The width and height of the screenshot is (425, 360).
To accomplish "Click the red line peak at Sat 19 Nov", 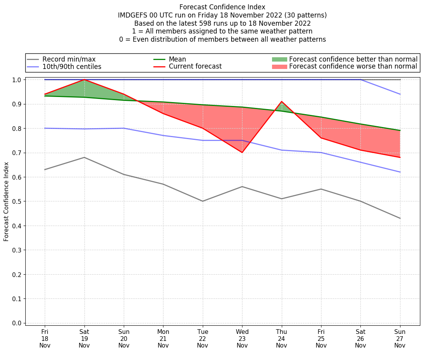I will click(x=84, y=79).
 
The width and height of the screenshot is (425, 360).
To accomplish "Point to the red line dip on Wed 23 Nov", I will click(x=242, y=152).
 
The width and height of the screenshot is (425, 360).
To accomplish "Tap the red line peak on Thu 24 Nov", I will click(x=281, y=101).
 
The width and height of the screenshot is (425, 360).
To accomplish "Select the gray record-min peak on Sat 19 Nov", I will click(x=84, y=157).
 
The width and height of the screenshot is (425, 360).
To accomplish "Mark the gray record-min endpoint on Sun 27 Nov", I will click(x=400, y=218).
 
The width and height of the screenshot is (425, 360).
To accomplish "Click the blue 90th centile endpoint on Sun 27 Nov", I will click(x=400, y=94).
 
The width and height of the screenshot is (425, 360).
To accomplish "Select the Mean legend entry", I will click(x=177, y=59).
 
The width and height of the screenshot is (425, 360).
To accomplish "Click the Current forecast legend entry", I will click(x=195, y=67).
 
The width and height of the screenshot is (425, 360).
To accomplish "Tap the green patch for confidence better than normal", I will click(x=279, y=59).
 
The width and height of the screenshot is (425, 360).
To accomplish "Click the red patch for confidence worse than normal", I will click(x=279, y=67).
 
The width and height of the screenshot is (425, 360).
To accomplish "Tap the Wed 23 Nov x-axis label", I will click(x=242, y=338).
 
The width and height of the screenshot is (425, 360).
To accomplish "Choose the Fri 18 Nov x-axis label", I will click(x=45, y=338).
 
